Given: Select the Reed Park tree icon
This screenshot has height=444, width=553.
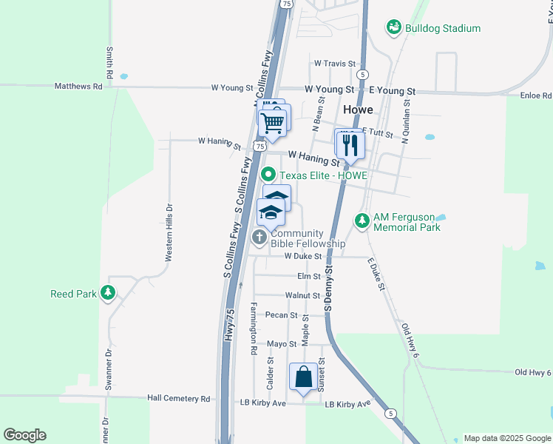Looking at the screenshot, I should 109,293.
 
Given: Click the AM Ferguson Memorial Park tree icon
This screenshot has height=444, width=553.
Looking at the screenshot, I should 362,221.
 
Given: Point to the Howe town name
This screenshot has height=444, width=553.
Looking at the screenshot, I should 358,109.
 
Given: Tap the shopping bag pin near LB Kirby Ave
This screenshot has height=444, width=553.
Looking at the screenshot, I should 304,377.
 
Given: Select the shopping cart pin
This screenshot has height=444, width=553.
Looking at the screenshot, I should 274,121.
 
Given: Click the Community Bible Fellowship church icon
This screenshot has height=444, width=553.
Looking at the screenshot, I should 259,238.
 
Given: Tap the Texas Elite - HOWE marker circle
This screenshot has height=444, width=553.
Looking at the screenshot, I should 268,175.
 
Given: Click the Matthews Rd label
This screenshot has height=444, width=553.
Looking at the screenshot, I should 78,87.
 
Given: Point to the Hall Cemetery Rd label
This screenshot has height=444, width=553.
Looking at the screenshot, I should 179,399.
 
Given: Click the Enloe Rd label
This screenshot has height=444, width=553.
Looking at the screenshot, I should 536,96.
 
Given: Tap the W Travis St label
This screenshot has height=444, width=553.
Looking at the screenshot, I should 335,64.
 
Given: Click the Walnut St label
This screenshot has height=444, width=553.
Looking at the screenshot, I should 307,295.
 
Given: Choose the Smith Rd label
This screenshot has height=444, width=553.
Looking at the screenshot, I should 109,64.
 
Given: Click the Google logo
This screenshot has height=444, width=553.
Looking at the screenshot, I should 24,435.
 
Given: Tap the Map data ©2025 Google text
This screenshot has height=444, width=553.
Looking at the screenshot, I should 506,438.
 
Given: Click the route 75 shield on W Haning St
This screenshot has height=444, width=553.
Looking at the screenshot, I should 259,147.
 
